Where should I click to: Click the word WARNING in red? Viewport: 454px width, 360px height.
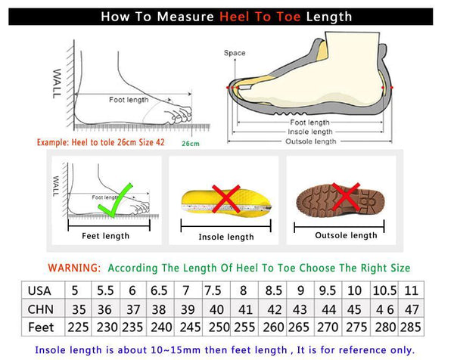tap(73, 268)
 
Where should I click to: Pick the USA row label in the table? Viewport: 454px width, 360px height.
tap(39, 291)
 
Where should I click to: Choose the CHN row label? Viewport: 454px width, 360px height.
tap(39, 309)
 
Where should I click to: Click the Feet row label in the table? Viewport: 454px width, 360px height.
tap(41, 327)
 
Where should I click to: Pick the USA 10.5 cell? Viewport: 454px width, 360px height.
tap(384, 291)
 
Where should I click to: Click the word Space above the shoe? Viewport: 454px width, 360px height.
tap(235, 53)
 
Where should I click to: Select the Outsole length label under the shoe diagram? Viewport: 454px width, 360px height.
tap(310, 141)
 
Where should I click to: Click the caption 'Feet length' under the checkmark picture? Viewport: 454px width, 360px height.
tap(106, 236)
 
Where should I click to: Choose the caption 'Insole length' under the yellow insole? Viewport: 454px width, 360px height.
tap(226, 237)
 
